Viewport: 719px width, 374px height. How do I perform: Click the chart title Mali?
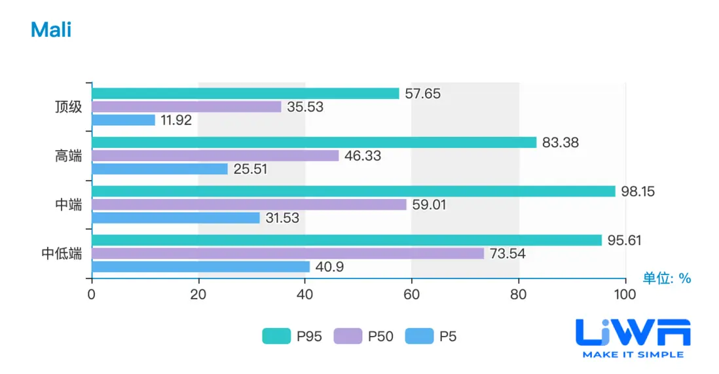(50, 29)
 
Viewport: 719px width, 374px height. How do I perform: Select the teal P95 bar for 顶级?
(246, 94)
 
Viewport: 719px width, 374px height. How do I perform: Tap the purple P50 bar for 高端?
(215, 156)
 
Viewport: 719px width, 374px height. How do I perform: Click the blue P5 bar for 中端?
(175, 217)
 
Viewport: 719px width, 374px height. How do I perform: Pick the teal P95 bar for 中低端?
(346, 240)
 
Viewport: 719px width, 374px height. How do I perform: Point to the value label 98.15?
(638, 191)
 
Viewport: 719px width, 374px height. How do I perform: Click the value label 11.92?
(179, 121)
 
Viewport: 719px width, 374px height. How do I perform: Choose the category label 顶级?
(69, 107)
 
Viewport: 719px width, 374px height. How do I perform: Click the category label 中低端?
(62, 253)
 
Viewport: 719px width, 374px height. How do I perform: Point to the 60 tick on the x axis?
(411, 295)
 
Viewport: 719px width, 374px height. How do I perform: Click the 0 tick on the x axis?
(92, 295)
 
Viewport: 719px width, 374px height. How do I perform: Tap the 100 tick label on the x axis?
(625, 295)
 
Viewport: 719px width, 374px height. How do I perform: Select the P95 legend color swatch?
(276, 337)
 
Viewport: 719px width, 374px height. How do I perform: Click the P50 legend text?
(380, 337)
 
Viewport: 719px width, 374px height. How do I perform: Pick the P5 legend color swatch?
(419, 337)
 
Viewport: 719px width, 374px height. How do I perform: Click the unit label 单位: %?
(667, 278)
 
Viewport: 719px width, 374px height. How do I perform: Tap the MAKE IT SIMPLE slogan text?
(633, 354)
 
